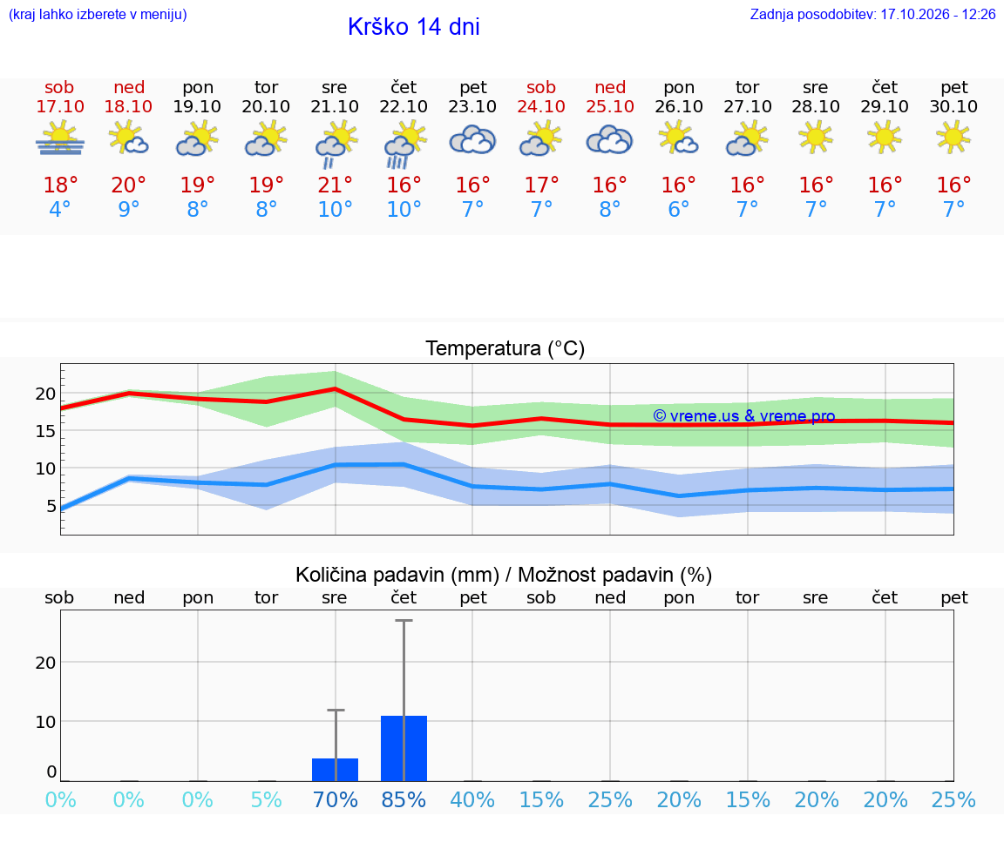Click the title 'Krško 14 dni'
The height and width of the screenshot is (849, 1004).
(x=414, y=27)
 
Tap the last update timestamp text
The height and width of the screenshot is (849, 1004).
(x=872, y=14)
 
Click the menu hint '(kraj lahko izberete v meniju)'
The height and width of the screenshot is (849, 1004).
(x=98, y=14)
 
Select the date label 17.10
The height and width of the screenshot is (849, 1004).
(x=60, y=106)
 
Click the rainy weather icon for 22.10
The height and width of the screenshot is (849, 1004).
(x=404, y=145)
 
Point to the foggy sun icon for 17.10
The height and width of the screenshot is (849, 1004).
(x=60, y=138)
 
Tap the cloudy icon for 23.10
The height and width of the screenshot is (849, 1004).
(x=472, y=140)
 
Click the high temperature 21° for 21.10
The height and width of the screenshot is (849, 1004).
(x=335, y=185)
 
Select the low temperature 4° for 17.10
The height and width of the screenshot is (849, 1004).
(x=60, y=209)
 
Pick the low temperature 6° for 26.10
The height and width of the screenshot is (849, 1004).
(x=679, y=209)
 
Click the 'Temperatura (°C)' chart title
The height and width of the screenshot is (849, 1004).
(x=505, y=348)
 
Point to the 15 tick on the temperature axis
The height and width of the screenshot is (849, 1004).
(x=45, y=431)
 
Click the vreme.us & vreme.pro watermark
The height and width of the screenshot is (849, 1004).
(x=744, y=416)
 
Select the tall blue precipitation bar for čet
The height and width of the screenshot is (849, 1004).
(x=404, y=749)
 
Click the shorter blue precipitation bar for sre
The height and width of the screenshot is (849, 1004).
(x=335, y=770)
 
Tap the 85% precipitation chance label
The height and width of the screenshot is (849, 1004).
(x=404, y=799)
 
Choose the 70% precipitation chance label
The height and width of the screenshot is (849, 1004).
(x=335, y=799)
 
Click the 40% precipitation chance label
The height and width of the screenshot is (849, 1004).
(x=472, y=799)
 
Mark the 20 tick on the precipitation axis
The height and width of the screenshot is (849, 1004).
(x=45, y=663)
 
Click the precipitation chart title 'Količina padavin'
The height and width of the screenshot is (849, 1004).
(x=370, y=575)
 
